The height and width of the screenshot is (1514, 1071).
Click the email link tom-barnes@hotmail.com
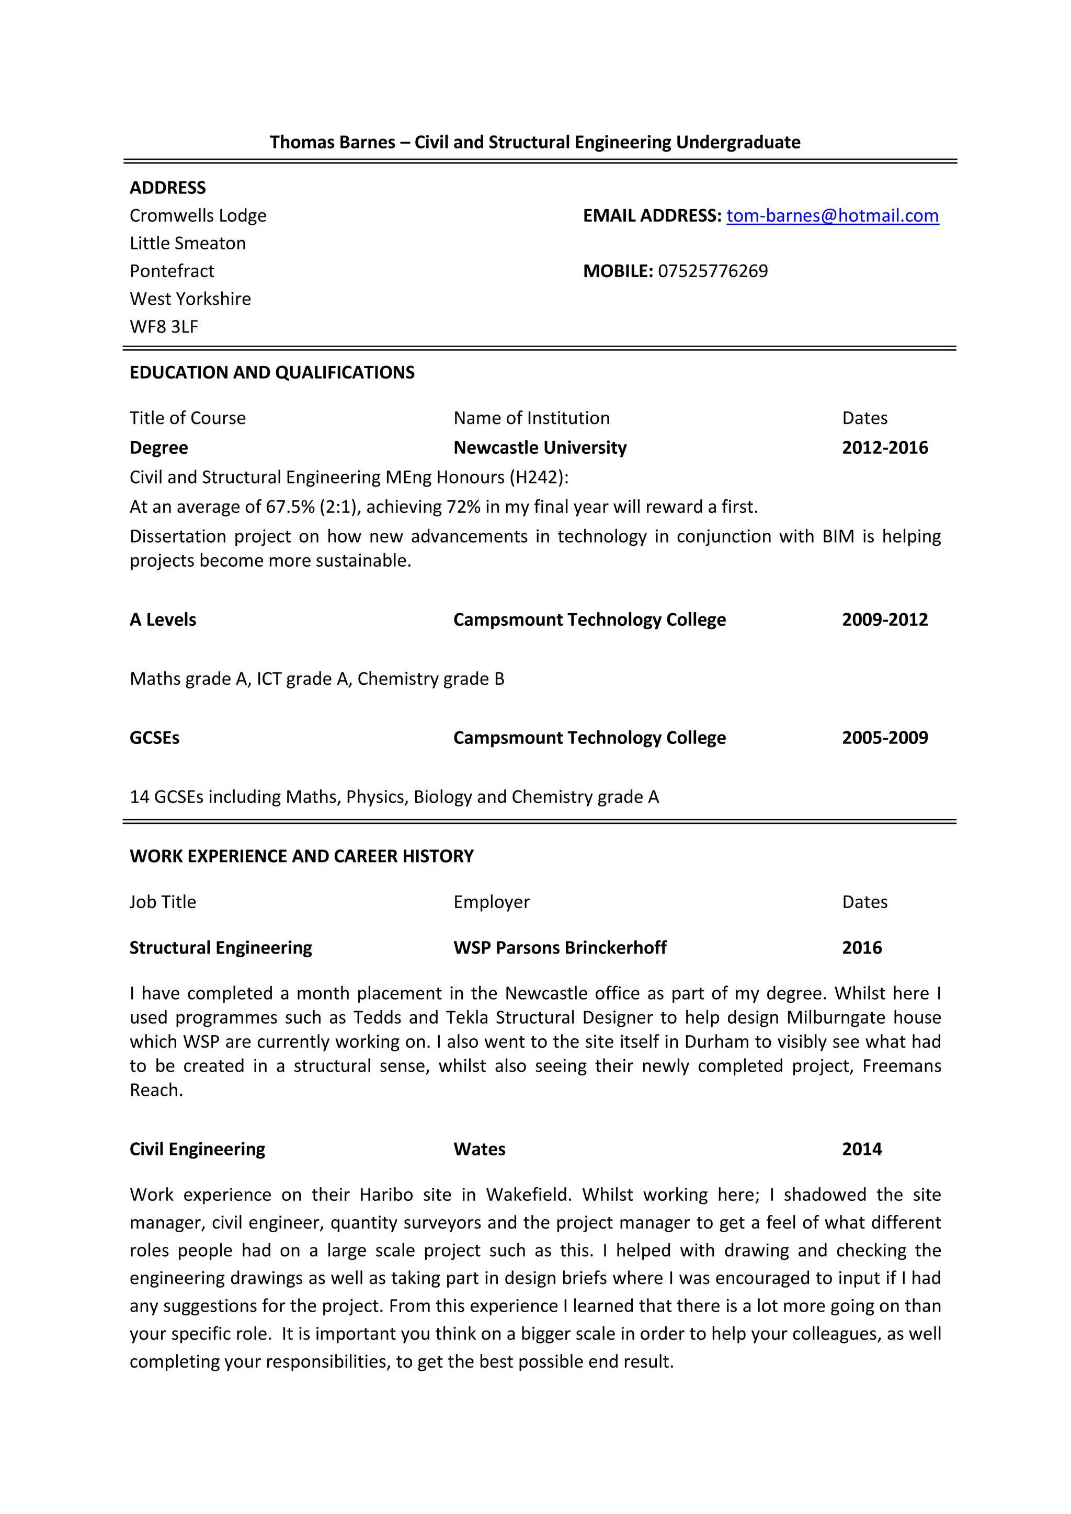coord(832,215)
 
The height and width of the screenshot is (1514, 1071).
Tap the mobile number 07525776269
coord(712,271)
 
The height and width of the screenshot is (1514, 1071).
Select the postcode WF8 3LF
coord(164,326)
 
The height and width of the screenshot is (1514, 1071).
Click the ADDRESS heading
coord(167,188)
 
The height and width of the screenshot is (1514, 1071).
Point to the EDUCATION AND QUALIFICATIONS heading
coord(272,373)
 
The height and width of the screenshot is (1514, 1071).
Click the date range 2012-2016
coord(884,448)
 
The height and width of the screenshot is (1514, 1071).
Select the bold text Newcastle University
coord(540,448)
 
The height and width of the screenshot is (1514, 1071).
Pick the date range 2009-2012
coord(884,620)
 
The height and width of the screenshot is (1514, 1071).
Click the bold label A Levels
coord(163,620)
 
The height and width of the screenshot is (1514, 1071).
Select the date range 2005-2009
coord(884,738)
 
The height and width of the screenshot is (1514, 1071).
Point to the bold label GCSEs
coord(154,738)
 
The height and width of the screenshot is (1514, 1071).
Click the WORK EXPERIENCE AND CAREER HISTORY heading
coord(301,856)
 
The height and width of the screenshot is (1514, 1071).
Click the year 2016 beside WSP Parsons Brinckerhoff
coord(861,948)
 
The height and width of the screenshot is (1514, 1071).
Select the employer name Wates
coord(479,1149)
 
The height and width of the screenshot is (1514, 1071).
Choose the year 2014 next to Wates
coord(861,1149)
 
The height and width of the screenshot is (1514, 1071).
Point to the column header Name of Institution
coord(531,418)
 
